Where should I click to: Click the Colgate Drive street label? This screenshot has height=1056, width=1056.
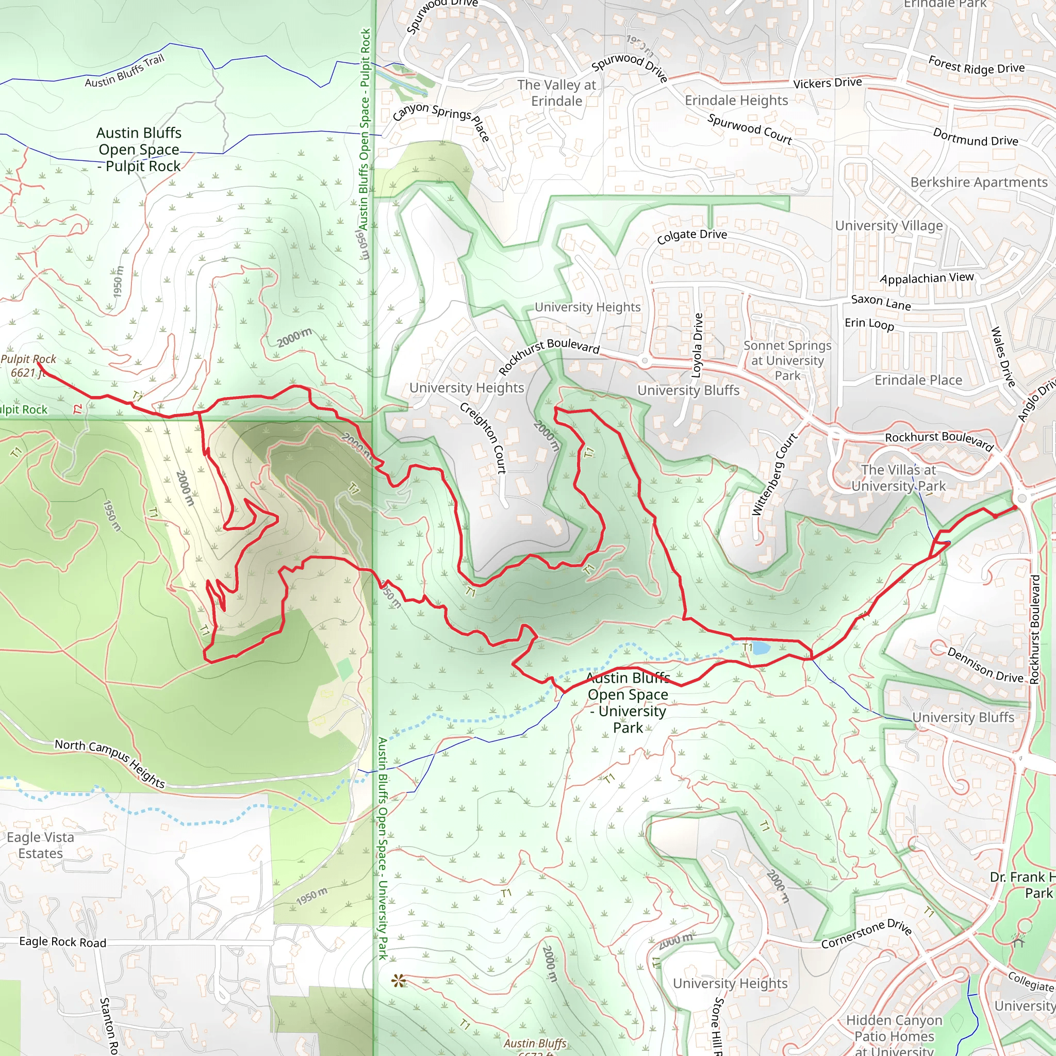[691, 236]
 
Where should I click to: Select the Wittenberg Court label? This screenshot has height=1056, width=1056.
[774, 474]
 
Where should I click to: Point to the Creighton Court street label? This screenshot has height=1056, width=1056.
[483, 437]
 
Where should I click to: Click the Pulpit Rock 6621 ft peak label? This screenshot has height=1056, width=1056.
[28, 366]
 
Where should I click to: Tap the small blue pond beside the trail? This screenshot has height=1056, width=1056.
[761, 648]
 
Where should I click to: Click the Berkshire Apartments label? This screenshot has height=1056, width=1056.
[978, 182]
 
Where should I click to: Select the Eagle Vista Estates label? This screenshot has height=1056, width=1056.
[40, 845]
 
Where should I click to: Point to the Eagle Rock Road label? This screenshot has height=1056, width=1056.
[62, 941]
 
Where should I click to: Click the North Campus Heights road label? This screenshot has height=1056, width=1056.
[110, 763]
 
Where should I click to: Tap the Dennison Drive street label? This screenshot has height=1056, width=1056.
[984, 665]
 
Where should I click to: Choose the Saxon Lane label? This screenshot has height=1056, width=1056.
[881, 302]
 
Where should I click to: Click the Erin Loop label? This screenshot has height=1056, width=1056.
[869, 324]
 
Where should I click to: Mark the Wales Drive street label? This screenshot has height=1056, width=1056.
[1002, 356]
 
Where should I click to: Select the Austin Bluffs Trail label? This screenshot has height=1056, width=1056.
[125, 71]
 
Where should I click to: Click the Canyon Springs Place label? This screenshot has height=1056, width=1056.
[440, 120]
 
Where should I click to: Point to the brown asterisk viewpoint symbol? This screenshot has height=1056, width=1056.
[399, 981]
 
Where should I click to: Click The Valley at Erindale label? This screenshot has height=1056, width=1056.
[556, 93]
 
